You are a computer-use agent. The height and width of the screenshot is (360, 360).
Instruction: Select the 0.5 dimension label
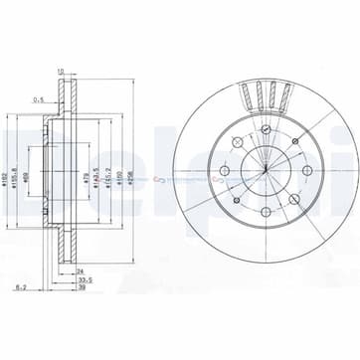coord(41,99)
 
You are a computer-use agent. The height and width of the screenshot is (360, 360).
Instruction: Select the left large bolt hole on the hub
coord(224,170)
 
